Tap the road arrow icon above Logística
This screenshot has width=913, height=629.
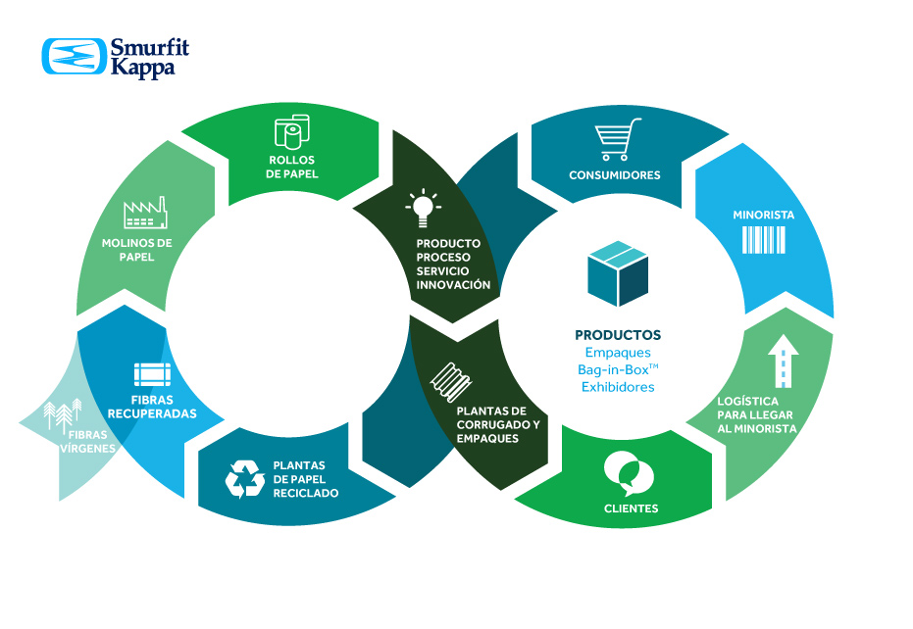pyautogui.click(x=784, y=363)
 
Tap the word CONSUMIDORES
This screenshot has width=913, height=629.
pyautogui.click(x=615, y=176)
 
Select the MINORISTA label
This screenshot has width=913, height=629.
pyautogui.click(x=764, y=214)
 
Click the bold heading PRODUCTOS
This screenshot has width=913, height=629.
pyautogui.click(x=618, y=335)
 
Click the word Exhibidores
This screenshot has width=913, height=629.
pyautogui.click(x=618, y=387)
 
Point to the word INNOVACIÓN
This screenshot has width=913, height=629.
pyautogui.click(x=453, y=285)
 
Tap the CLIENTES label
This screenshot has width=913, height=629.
pyautogui.click(x=632, y=508)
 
